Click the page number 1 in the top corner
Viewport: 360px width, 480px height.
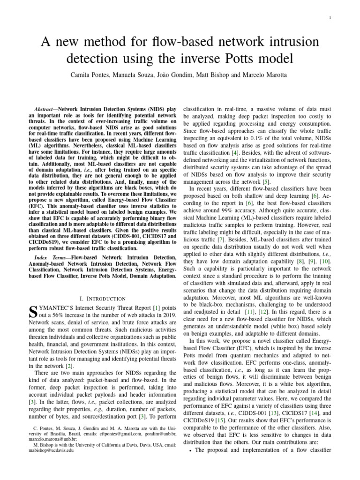[330, 18]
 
